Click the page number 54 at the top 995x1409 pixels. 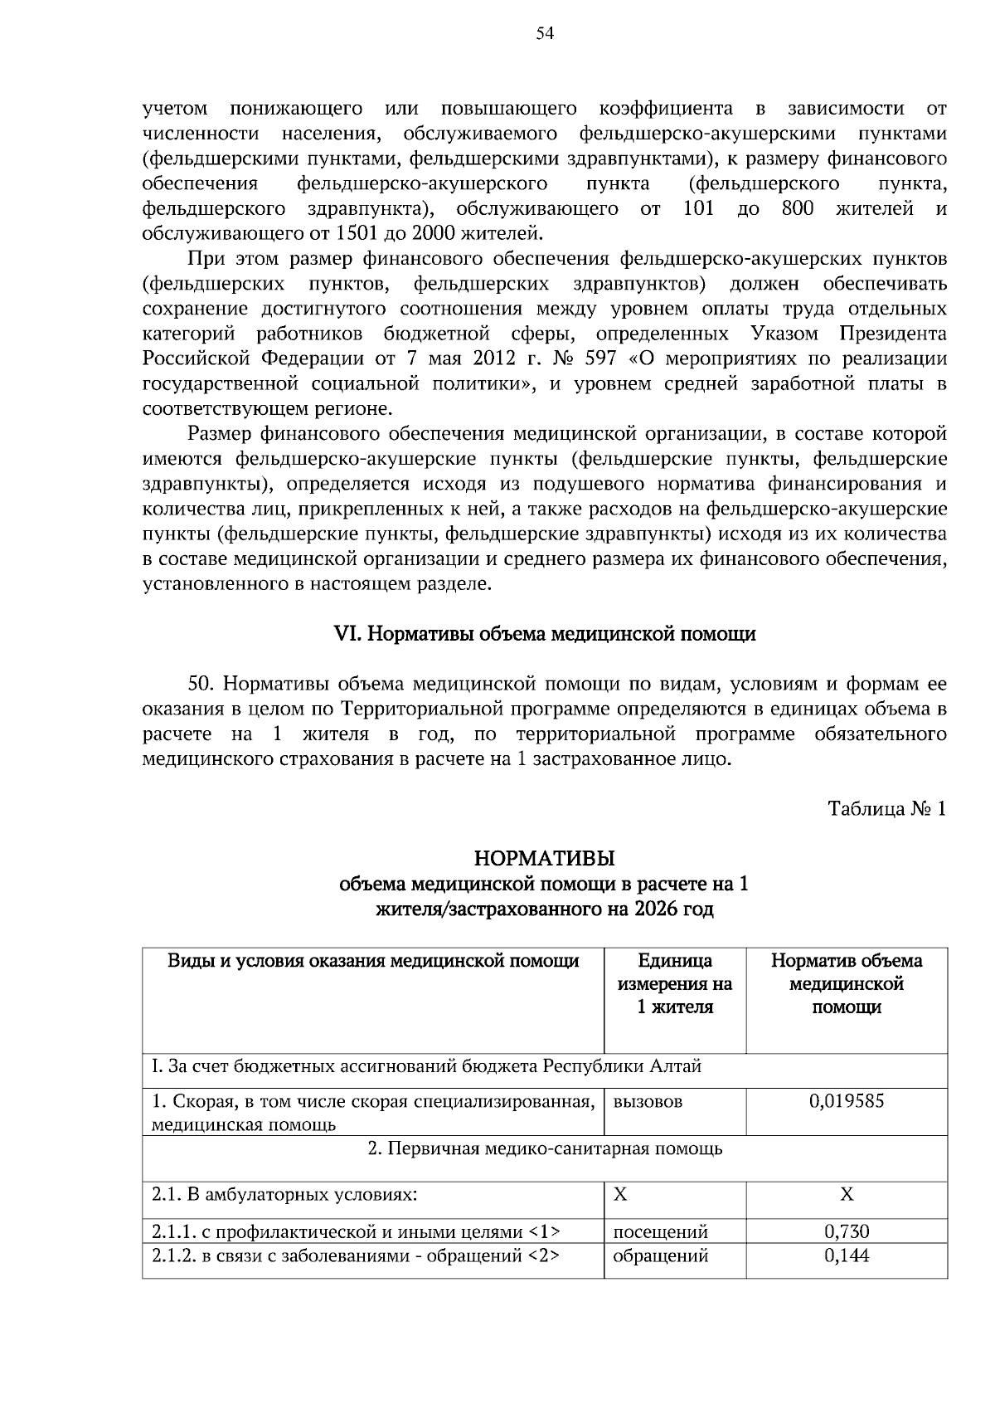coord(545,34)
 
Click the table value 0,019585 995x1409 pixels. coord(846,1101)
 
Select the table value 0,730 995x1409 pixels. coord(846,1232)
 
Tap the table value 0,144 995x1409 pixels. coord(846,1255)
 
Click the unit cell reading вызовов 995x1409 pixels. coord(648,1101)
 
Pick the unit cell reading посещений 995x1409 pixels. coord(660,1232)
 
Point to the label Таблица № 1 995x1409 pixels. coord(886,808)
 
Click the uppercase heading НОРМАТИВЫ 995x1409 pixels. coord(544,856)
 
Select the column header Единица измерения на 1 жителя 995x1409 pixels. coord(674,984)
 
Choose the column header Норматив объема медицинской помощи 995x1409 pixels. coord(846,984)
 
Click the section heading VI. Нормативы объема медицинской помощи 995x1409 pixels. coord(544,634)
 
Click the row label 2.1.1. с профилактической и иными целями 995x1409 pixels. coord(357,1232)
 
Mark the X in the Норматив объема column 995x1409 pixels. coord(846,1195)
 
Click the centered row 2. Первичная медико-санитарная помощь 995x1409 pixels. coord(544,1149)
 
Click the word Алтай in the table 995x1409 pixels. coord(677,1066)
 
